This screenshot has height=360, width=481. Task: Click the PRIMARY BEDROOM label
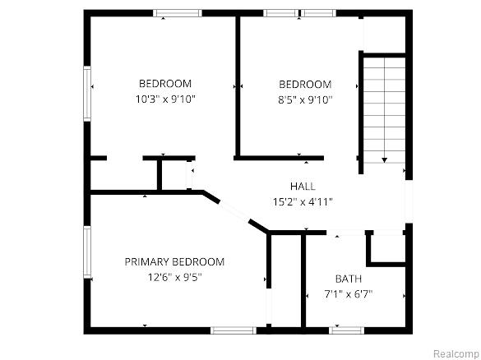(x=174, y=261)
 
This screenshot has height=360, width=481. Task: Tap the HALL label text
(x=303, y=186)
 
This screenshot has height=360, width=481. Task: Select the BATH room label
(x=348, y=279)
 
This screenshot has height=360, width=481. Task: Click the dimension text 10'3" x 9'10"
(x=165, y=99)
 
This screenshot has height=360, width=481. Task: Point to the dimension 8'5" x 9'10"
(x=305, y=99)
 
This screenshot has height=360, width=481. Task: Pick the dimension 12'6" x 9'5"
(x=174, y=277)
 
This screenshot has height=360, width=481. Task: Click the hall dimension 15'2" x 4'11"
(x=303, y=201)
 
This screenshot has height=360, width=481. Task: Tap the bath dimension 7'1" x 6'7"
(x=348, y=294)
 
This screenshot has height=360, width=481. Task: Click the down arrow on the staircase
(x=384, y=160)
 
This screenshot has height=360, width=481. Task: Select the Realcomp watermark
(x=456, y=353)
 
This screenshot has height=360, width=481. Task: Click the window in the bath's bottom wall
(x=346, y=330)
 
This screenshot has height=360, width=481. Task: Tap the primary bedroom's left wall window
(x=87, y=252)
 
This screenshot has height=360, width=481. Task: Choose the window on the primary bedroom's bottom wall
(x=234, y=330)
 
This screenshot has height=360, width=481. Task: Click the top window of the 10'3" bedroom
(x=178, y=13)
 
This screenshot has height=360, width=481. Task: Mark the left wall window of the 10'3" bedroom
(x=87, y=93)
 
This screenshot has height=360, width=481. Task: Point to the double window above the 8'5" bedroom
(x=299, y=13)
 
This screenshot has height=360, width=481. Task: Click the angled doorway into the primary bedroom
(x=234, y=211)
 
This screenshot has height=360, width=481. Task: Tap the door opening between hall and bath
(x=345, y=233)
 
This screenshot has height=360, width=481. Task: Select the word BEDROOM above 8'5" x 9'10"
(x=305, y=84)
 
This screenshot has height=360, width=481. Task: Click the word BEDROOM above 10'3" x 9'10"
(x=165, y=83)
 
